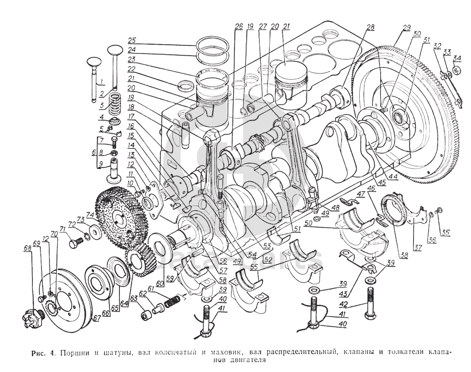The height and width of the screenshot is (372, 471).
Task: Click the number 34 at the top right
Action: pos(457,58)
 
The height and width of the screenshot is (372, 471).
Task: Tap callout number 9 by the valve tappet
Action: pos(100,163)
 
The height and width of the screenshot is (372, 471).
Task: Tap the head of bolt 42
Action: pos(370,315)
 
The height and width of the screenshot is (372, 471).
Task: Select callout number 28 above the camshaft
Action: pos(369,28)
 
